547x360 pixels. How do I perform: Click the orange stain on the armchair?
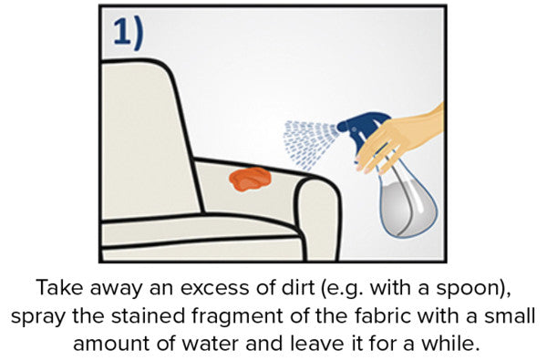[250, 179]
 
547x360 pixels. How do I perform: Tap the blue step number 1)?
[129, 33]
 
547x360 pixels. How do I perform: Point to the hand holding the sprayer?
[401, 139]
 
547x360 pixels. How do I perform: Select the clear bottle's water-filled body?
[408, 206]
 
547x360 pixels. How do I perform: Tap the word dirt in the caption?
[297, 288]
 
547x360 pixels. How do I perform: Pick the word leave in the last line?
[316, 344]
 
